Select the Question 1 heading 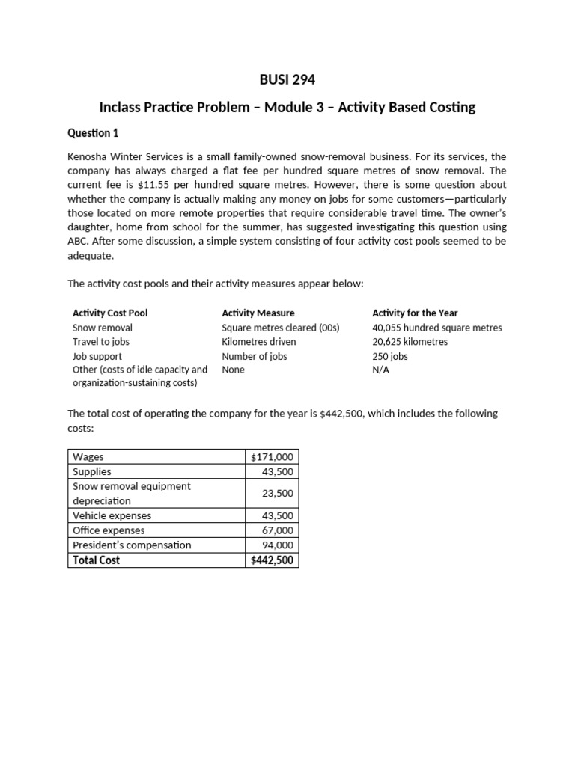click(x=93, y=133)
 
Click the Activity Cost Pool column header click(x=115, y=313)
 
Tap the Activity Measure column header click(x=258, y=313)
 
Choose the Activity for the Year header click(x=415, y=313)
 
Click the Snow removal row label click(x=103, y=328)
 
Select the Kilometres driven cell click(x=259, y=342)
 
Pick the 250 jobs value click(x=390, y=356)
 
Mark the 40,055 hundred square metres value click(x=437, y=328)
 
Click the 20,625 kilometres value click(x=410, y=342)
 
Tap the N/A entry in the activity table click(x=380, y=370)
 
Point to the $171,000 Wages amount click(x=273, y=457)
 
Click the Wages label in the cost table click(x=88, y=457)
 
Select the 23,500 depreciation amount click(x=278, y=494)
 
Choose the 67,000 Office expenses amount click(x=278, y=530)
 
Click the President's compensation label click(x=132, y=545)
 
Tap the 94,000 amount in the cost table click(x=278, y=545)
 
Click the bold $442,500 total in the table click(x=273, y=560)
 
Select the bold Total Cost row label click(x=96, y=560)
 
